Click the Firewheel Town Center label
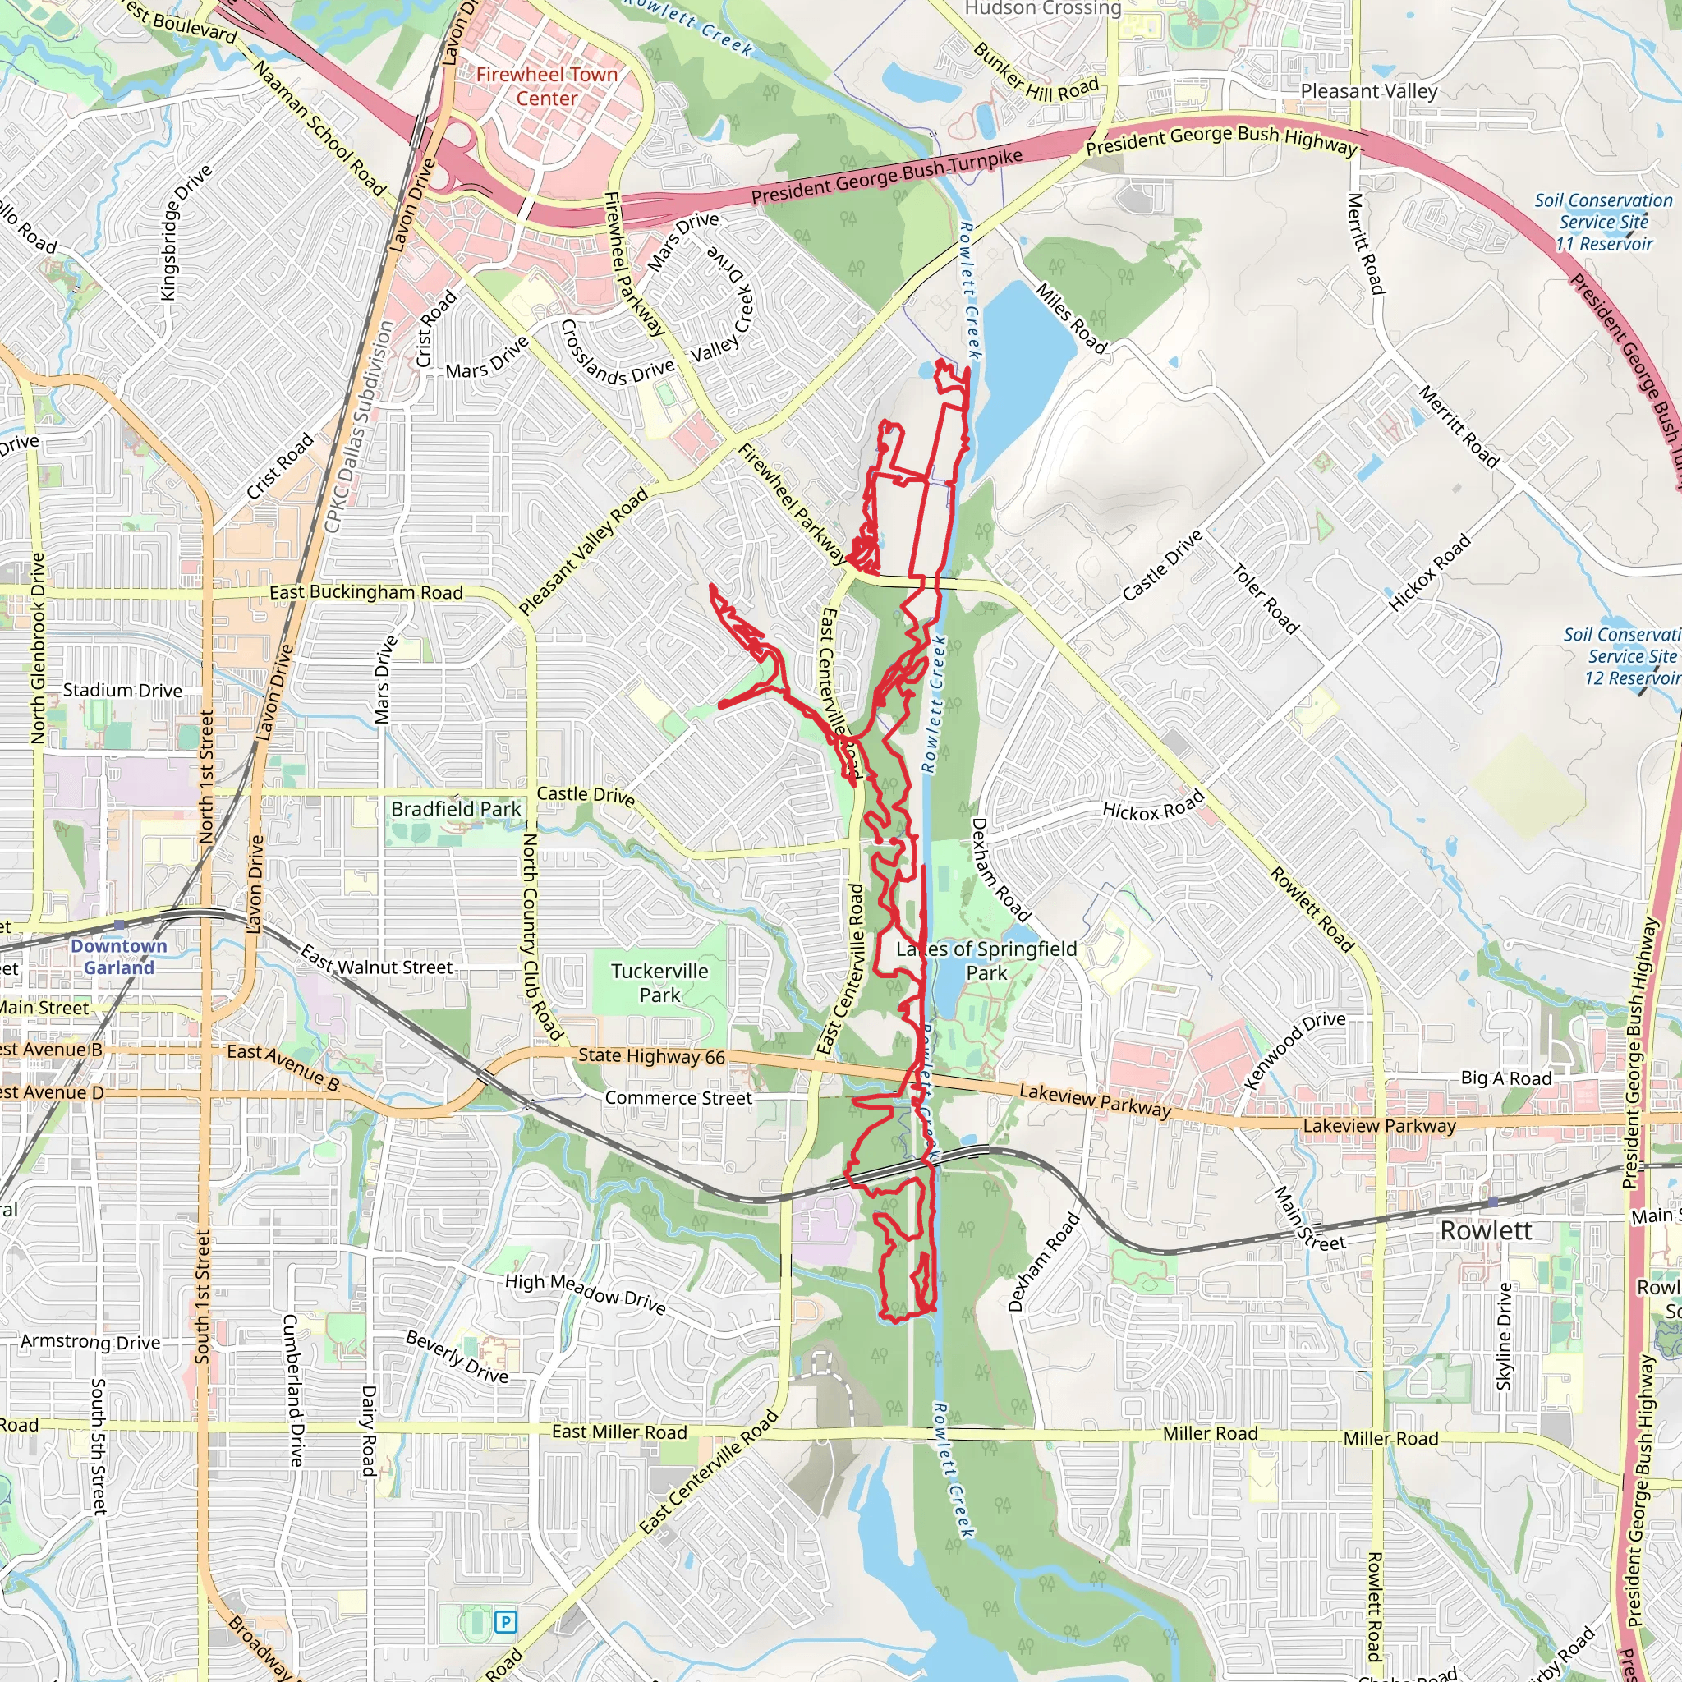[547, 87]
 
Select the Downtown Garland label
[118, 957]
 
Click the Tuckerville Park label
[660, 983]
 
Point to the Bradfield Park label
[455, 809]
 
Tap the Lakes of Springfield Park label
[986, 960]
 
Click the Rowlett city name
[1485, 1231]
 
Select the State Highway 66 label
[651, 1056]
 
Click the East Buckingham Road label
[365, 592]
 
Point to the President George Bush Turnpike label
[886, 177]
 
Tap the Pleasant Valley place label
[1368, 91]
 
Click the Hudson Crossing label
[1043, 9]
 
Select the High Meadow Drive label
[585, 1294]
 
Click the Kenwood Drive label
[1294, 1050]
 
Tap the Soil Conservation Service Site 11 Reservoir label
[1603, 222]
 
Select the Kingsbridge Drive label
[186, 232]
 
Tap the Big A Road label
[1506, 1078]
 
